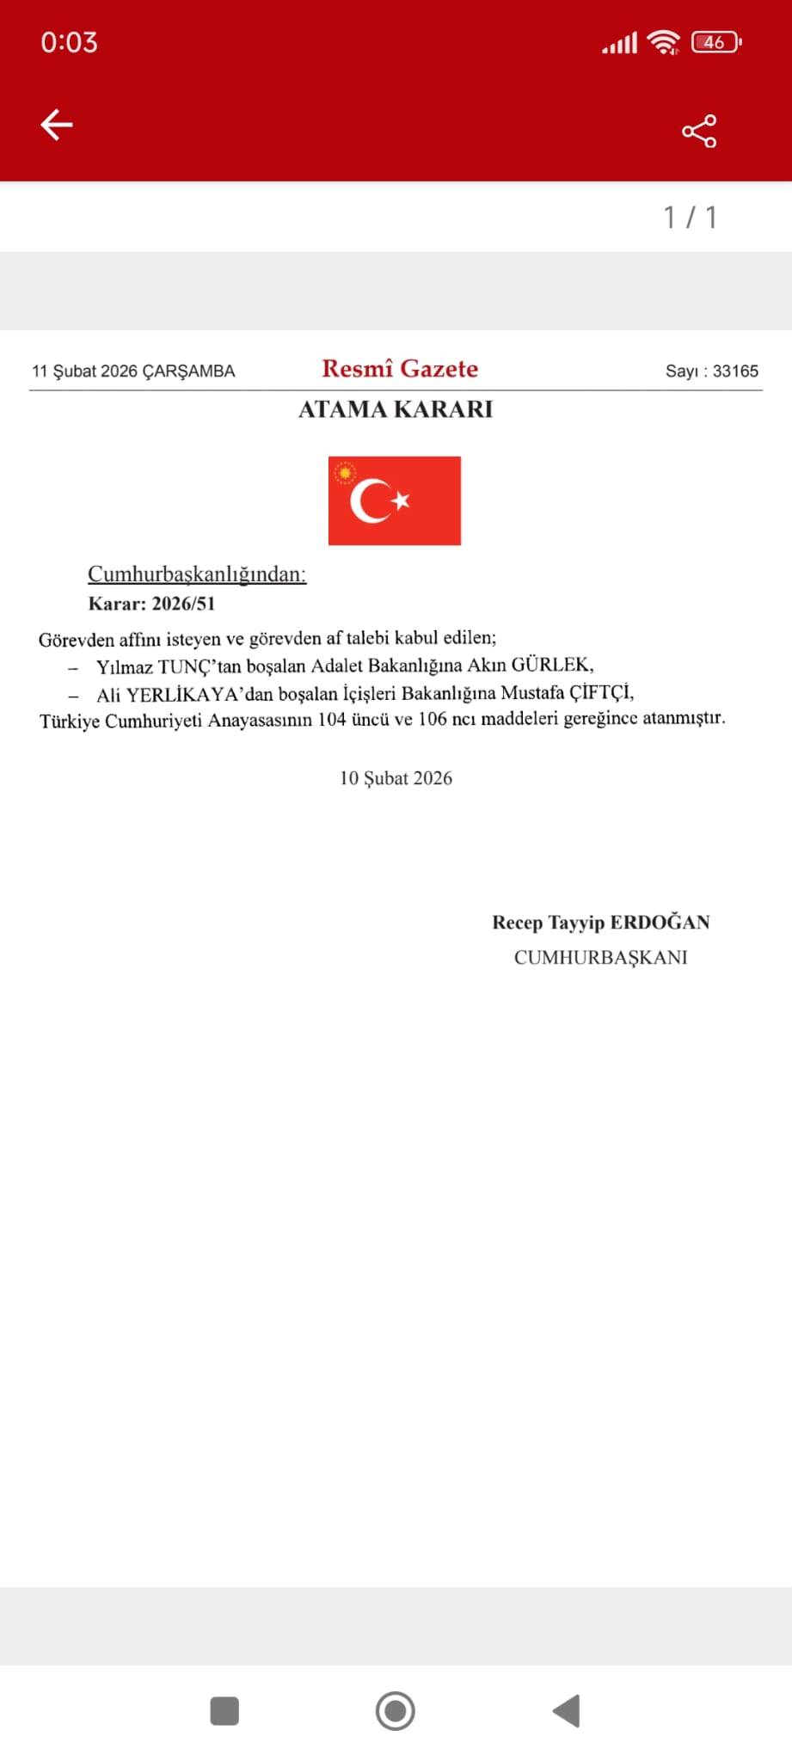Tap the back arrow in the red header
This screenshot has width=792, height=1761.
point(57,125)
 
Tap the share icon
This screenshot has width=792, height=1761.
point(699,131)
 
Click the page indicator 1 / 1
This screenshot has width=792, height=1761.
point(690,218)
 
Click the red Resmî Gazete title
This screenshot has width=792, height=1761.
point(400,369)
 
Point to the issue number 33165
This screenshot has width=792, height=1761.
point(735,371)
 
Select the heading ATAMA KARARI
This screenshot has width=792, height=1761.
point(396,409)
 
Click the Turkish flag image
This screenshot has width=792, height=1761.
point(395,500)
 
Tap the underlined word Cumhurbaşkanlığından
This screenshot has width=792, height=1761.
point(197,574)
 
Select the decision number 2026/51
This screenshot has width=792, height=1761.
point(183,604)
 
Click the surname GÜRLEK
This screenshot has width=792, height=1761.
point(551,665)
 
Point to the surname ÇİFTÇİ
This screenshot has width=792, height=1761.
point(601,692)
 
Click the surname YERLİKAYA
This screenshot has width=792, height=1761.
point(181,695)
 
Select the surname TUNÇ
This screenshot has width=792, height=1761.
point(184,667)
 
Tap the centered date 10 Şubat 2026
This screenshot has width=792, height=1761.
point(396,778)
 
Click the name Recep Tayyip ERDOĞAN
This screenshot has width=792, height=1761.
point(600,923)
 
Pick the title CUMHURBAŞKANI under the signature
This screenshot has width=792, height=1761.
point(600,958)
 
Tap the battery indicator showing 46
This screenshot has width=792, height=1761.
point(715,42)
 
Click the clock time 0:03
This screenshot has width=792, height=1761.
point(69,43)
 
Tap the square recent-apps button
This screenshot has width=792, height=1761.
point(224,1710)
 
